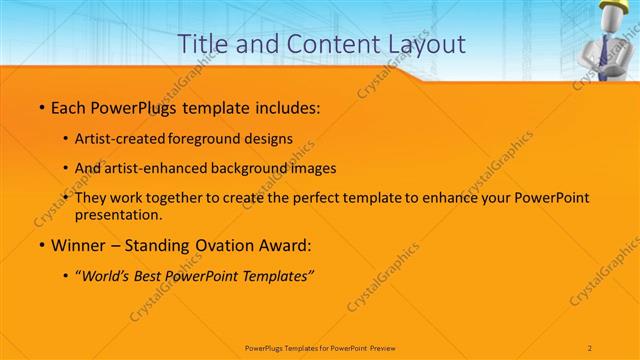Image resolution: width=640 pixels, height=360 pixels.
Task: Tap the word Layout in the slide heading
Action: pyautogui.click(x=424, y=45)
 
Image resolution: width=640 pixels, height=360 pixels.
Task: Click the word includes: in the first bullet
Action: pyautogui.click(x=284, y=107)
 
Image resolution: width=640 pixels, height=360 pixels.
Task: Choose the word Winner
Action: pyautogui.click(x=81, y=245)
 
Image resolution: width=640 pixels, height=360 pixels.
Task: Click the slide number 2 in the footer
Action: pyautogui.click(x=590, y=347)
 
